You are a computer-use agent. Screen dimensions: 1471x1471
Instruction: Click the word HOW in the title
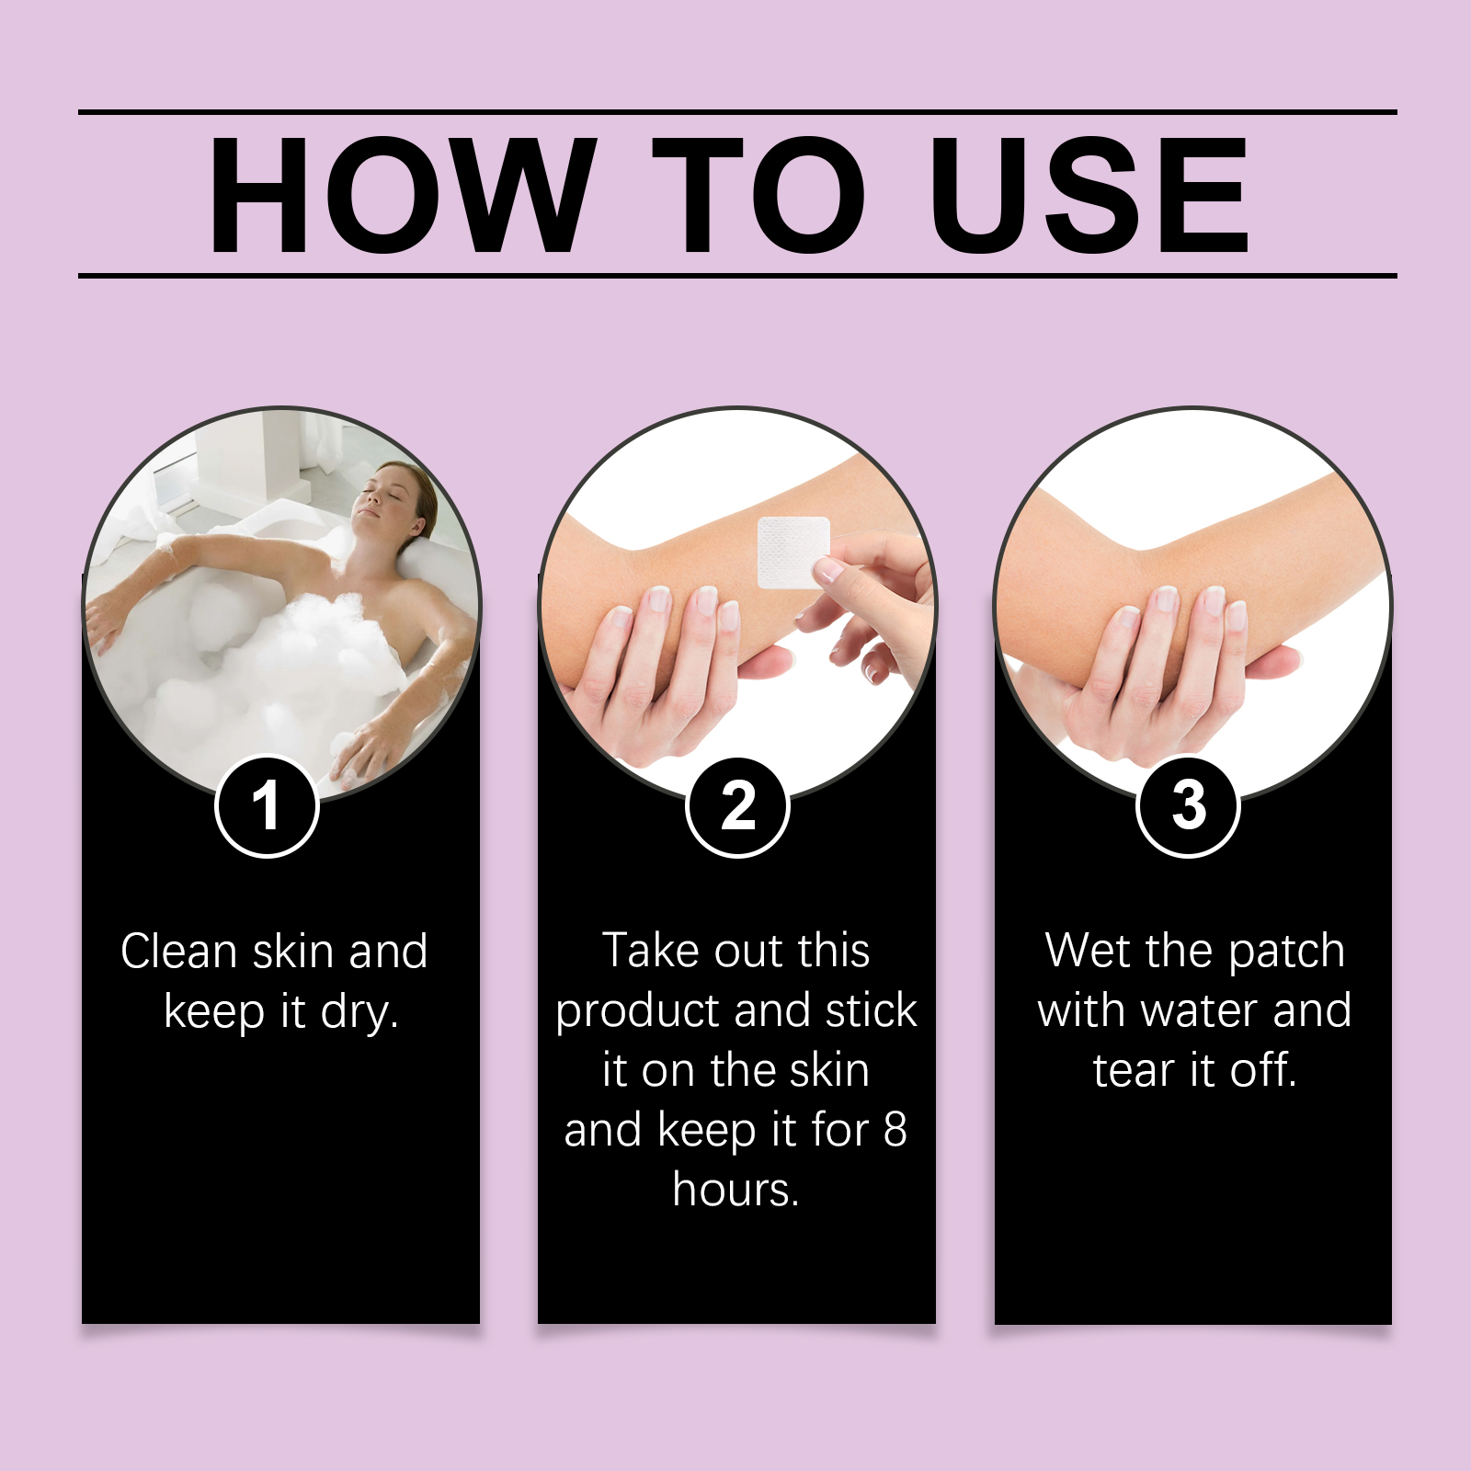400,195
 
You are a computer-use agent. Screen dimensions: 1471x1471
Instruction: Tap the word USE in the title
1089,195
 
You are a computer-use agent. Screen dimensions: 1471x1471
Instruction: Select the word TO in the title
759,195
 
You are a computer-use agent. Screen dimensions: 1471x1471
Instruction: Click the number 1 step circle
267,806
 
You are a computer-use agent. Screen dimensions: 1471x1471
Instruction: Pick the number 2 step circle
737,806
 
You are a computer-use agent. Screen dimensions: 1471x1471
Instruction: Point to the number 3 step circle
1188,806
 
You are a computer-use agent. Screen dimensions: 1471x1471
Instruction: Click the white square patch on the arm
793,552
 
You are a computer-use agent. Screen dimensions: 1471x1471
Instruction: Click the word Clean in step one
179,952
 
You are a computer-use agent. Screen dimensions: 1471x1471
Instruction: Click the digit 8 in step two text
895,1131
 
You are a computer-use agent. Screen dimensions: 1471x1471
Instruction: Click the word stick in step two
872,1010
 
